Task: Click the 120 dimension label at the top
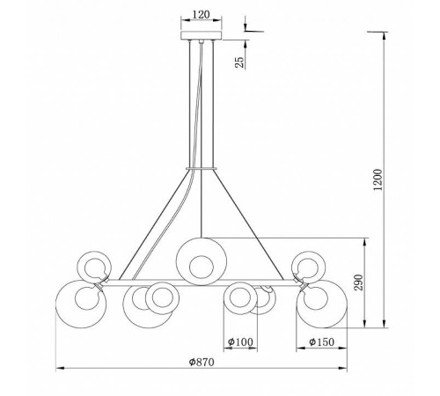pos(202,15)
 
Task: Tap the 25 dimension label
pos(239,62)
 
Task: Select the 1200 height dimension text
pos(378,180)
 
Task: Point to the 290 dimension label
pos(358,282)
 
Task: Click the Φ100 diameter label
pos(240,341)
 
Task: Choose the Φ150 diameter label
pos(321,341)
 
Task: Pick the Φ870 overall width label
pos(202,362)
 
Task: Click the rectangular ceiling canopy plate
pos(202,35)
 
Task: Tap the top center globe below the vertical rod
pos(202,261)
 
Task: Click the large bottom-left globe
pos(81,304)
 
